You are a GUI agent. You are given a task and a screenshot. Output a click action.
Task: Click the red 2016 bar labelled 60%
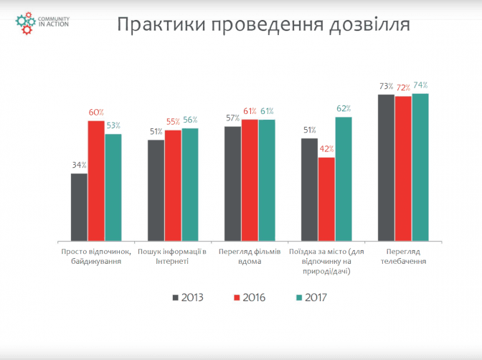[96, 181]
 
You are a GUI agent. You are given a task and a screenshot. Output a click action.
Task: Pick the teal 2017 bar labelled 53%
[113, 187]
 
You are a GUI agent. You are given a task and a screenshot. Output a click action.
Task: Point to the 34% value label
[79, 165]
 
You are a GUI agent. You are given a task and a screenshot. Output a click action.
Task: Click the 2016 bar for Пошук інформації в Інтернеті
[173, 185]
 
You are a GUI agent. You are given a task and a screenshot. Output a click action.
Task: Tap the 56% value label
[191, 120]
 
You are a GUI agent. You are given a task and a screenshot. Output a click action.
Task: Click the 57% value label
[232, 118]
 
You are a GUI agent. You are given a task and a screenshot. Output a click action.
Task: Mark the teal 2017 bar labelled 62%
[344, 179]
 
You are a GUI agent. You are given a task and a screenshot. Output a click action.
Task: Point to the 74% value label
[420, 85]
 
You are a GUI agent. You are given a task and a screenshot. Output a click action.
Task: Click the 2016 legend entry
[250, 297]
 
